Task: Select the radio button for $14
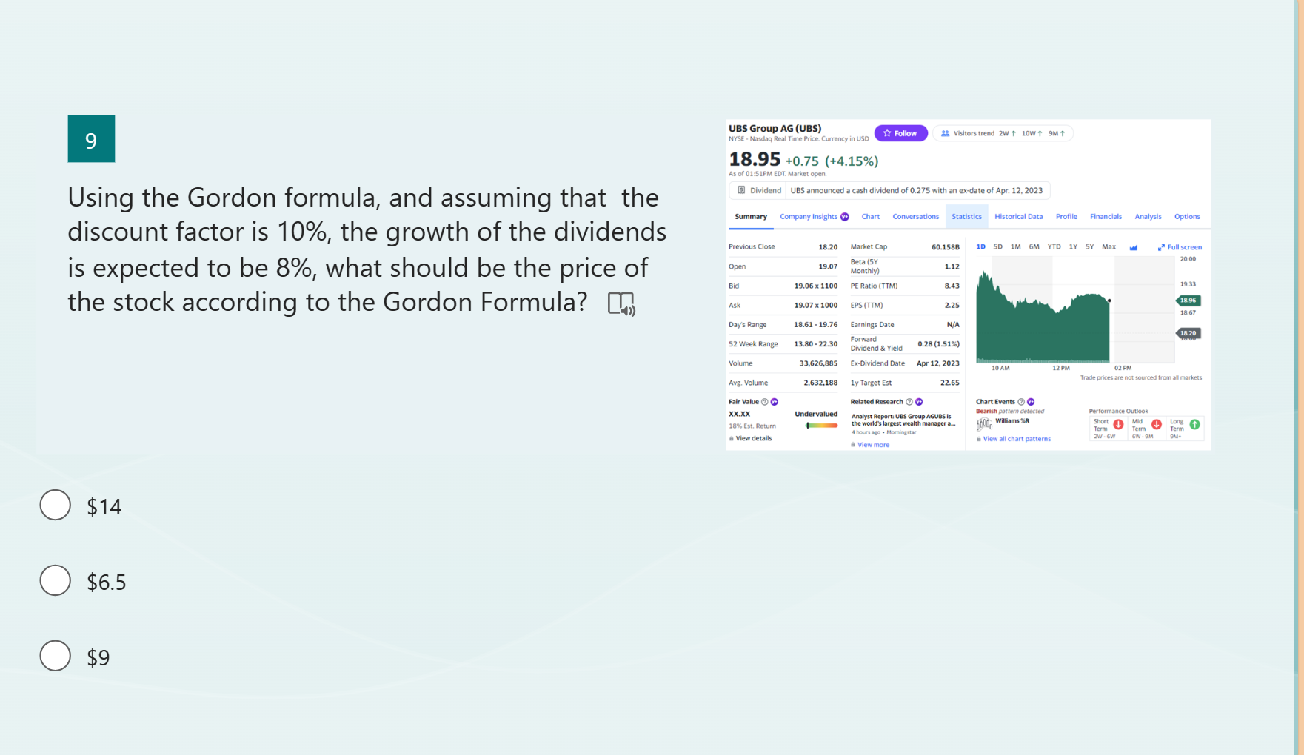[x=56, y=506]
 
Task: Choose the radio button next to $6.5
[x=56, y=581]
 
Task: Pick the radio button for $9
[x=56, y=657]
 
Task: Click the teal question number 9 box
[x=91, y=139]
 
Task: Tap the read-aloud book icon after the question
[x=621, y=303]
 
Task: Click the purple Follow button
[x=900, y=133]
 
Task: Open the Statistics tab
[x=966, y=217]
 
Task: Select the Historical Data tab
[x=1018, y=217]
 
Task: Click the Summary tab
[x=751, y=217]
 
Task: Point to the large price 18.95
[x=755, y=160]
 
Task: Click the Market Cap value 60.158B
[x=945, y=247]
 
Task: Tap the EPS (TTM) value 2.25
[x=952, y=305]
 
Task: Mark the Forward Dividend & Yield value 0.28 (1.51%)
[x=938, y=344]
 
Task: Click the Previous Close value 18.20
[x=828, y=247]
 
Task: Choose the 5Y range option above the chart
[x=1089, y=247]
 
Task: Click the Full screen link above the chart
[x=1180, y=247]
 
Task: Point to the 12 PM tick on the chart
[x=1060, y=368]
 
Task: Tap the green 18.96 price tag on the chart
[x=1188, y=301]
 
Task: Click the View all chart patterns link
[x=1017, y=439]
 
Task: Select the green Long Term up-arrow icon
[x=1194, y=425]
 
